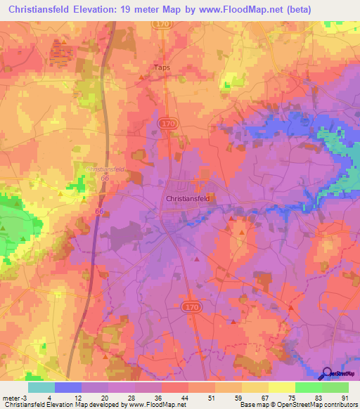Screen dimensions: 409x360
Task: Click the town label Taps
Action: pyautogui.click(x=162, y=68)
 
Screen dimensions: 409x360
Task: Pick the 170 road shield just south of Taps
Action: pyautogui.click(x=167, y=123)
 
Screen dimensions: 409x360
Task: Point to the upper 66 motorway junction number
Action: pyautogui.click(x=105, y=180)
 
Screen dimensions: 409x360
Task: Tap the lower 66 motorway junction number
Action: pyautogui.click(x=99, y=211)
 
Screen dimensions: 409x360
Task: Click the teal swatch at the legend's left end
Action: pyautogui.click(x=41, y=387)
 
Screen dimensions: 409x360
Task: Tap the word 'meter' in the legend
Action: pyautogui.click(x=10, y=397)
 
